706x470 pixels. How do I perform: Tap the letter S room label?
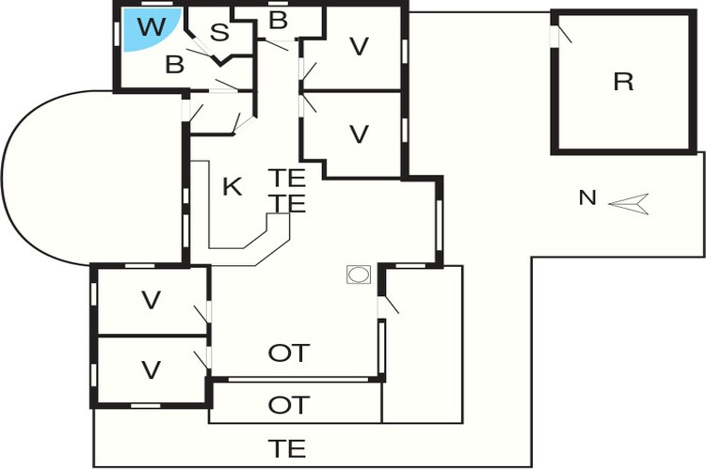point(219,32)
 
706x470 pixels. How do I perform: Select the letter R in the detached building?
point(623,82)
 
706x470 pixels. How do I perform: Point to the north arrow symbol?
point(629,204)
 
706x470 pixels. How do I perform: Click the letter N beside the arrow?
point(587,197)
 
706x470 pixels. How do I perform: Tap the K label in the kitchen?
point(233,186)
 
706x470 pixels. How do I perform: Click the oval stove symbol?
point(359,274)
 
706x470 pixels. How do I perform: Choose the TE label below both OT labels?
point(287,448)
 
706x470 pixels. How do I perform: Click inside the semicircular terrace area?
point(90,178)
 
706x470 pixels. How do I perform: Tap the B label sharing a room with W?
point(175,64)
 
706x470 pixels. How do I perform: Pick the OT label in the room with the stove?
point(289,353)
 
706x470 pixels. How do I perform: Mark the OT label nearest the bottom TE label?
point(289,405)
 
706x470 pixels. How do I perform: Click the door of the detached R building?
point(561,35)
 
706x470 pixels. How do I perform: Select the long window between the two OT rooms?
point(298,380)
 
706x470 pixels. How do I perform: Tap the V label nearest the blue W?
point(359,46)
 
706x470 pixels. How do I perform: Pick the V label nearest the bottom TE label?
point(151,370)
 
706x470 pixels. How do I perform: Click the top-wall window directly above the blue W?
point(156,4)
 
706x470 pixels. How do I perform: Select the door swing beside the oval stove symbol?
point(389,305)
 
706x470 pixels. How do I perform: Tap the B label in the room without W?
point(278,21)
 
